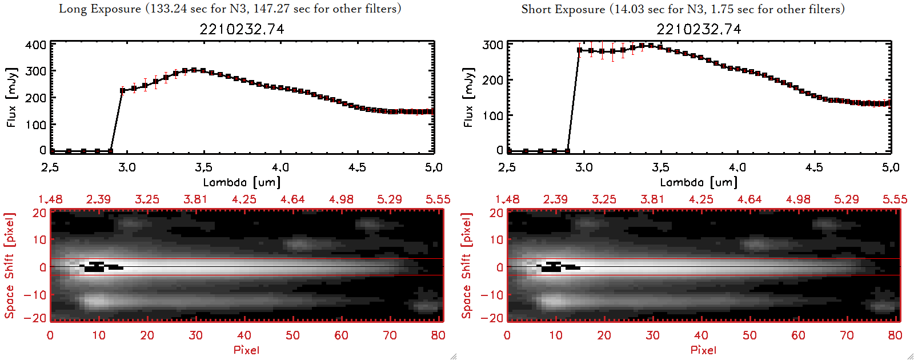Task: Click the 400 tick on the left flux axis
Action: click(x=35, y=45)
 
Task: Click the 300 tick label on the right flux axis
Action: click(x=492, y=45)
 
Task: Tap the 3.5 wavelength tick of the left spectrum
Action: click(x=203, y=167)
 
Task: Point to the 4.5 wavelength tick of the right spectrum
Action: click(x=814, y=167)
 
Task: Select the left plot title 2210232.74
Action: click(x=242, y=29)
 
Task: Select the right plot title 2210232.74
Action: click(x=699, y=29)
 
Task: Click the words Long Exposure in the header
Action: click(x=100, y=9)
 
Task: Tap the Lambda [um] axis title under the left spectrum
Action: click(x=242, y=182)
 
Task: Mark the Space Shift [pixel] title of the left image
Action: click(x=10, y=266)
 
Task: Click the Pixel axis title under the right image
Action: click(x=703, y=350)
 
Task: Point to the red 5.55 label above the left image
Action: click(x=438, y=199)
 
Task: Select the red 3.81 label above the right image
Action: click(x=652, y=199)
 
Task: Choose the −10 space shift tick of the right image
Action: click(x=492, y=295)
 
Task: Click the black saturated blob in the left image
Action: click(x=96, y=267)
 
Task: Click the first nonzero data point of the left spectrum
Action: click(x=123, y=90)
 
